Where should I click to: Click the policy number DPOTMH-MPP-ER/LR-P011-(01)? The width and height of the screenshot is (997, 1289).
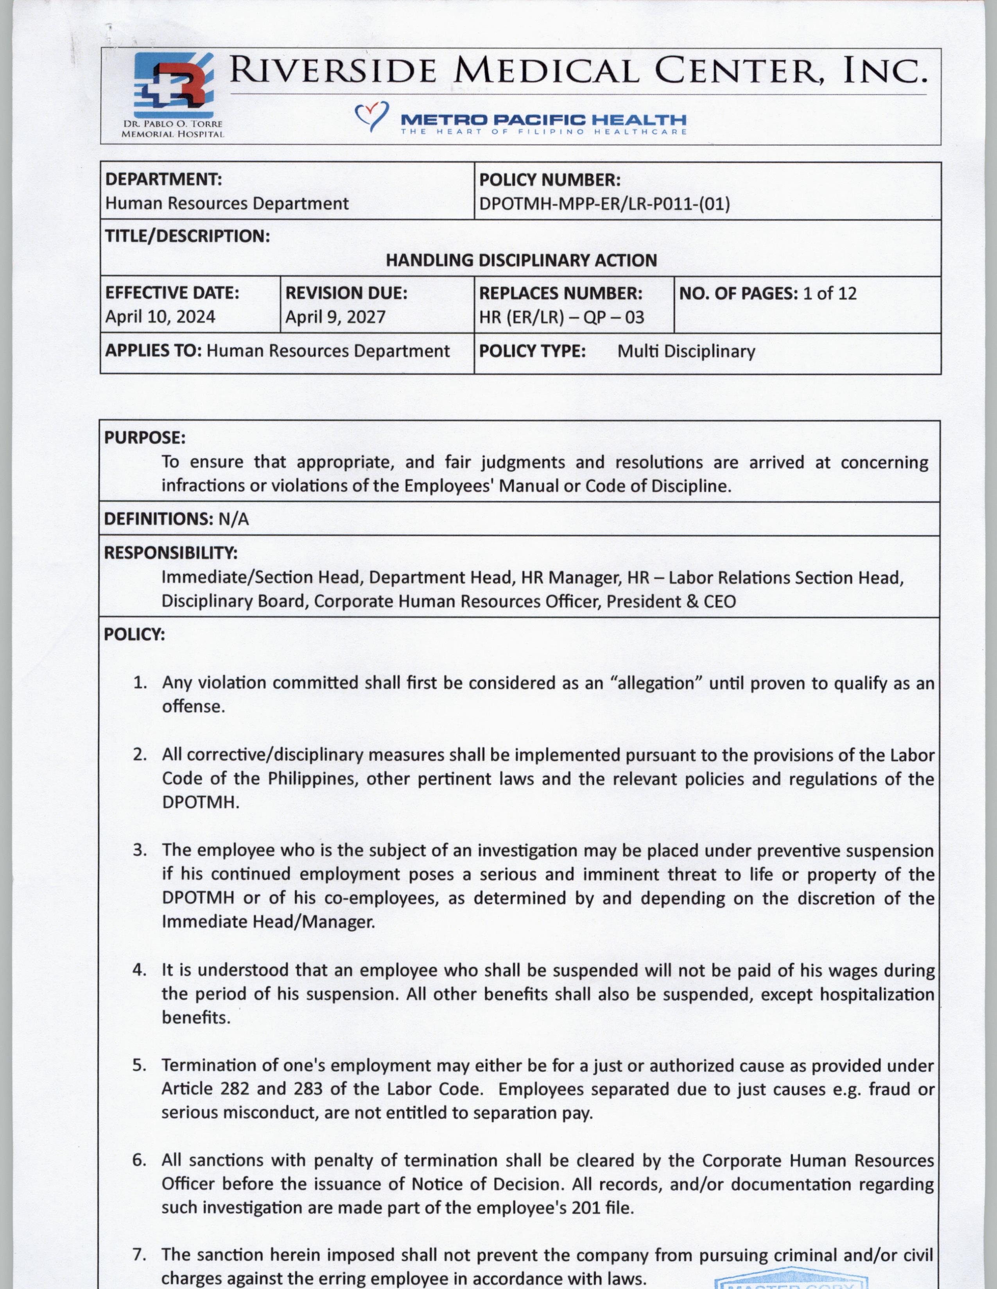pyautogui.click(x=604, y=204)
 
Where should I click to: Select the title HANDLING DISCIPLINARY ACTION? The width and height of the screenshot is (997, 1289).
pyautogui.click(x=521, y=260)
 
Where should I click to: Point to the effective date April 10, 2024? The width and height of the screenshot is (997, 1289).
pyautogui.click(x=160, y=317)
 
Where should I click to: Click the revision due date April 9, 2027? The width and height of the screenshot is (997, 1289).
pyautogui.click(x=335, y=317)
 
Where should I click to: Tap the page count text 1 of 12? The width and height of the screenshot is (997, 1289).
pyautogui.click(x=829, y=293)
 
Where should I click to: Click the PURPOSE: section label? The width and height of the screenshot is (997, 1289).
pyautogui.click(x=145, y=438)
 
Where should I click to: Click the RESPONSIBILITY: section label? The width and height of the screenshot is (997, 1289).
pyautogui.click(x=171, y=553)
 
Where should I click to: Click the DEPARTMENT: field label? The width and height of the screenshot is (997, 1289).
pyautogui.click(x=163, y=179)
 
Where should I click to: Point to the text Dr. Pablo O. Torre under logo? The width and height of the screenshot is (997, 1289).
pyautogui.click(x=172, y=125)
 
